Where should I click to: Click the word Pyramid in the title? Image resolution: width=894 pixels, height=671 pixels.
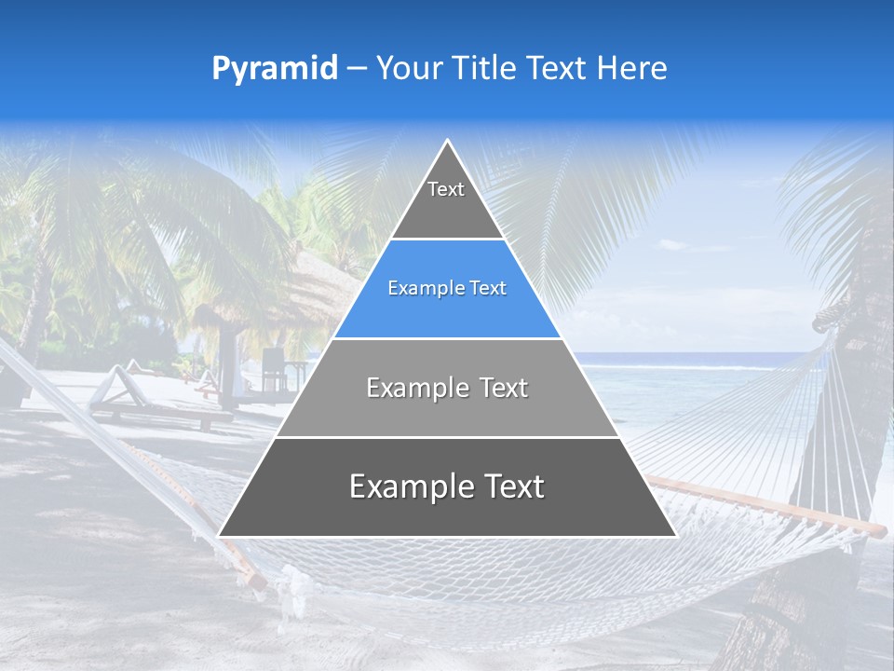pyautogui.click(x=275, y=69)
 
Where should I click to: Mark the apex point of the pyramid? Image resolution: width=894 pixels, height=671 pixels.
pyautogui.click(x=447, y=141)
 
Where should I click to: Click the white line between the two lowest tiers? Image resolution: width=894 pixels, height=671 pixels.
pyautogui.click(x=447, y=437)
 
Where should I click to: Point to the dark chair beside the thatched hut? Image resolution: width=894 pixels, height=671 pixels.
pyautogui.click(x=273, y=368)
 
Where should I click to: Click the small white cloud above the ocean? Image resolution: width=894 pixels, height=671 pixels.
pyautogui.click(x=675, y=245)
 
